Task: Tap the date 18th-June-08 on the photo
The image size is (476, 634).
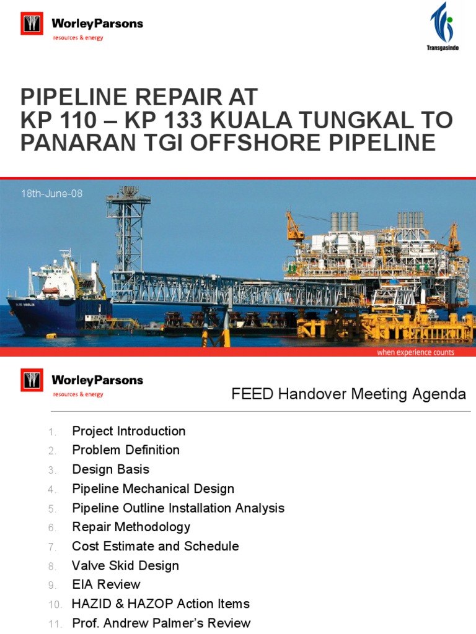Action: (x=51, y=194)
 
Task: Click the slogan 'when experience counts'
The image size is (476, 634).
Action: (x=415, y=352)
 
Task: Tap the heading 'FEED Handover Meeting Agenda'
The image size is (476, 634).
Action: (x=348, y=394)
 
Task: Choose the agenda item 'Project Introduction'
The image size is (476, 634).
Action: (x=129, y=431)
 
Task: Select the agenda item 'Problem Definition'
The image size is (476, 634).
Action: (x=126, y=450)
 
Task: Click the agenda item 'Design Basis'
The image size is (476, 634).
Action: (x=111, y=469)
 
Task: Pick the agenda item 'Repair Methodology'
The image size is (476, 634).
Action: (x=131, y=527)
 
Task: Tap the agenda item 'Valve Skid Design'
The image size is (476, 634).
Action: (x=126, y=565)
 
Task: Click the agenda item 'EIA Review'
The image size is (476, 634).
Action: (x=107, y=584)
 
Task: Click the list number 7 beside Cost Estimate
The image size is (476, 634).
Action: (x=52, y=547)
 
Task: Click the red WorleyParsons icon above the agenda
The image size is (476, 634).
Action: (x=32, y=380)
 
